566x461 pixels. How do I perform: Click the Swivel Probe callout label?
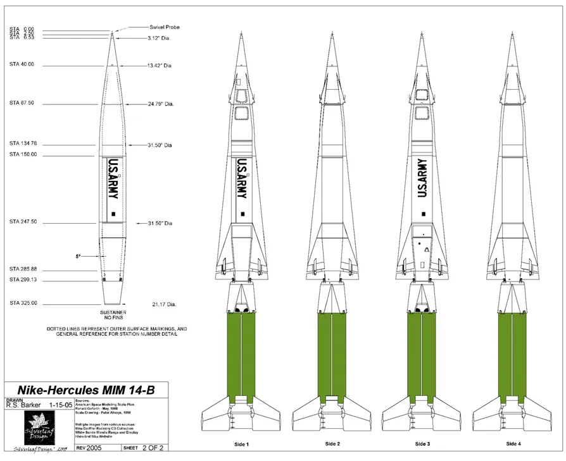[165, 27]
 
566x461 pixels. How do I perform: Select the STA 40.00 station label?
[22, 65]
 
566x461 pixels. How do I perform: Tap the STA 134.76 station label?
[23, 143]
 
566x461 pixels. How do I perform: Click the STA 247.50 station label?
[23, 222]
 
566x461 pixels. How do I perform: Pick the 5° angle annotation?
[78, 256]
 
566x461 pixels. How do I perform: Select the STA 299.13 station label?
[23, 280]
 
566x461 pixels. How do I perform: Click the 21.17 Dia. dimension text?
[163, 304]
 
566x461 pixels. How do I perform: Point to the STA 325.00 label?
[23, 304]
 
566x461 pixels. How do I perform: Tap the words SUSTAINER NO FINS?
[113, 316]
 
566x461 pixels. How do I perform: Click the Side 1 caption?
[241, 445]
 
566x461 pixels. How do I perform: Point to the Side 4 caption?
[513, 445]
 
